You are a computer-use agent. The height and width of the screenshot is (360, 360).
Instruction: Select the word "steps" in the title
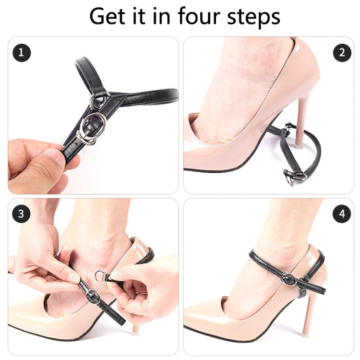253,18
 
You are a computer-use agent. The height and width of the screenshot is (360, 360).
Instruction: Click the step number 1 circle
22,53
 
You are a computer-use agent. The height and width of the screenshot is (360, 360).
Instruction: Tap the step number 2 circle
342,53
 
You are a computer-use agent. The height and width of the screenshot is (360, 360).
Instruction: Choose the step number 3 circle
21,214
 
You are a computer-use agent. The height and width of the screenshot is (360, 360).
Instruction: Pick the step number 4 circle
342,214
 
